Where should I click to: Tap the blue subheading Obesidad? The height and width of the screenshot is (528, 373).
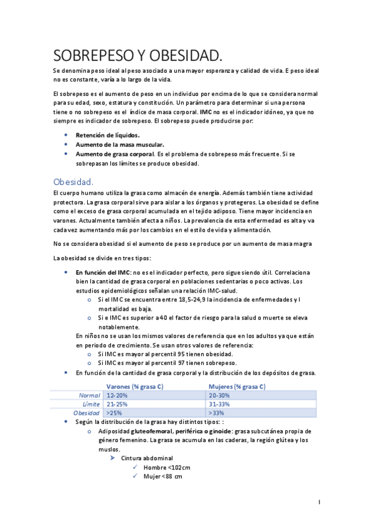coord(73,182)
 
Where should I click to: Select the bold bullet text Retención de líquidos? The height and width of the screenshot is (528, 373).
coord(108,134)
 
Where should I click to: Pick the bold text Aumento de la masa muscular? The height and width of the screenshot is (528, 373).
coord(116,144)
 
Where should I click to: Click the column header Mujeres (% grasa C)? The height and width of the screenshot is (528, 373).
coord(237,387)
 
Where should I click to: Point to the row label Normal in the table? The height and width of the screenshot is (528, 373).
coord(91,395)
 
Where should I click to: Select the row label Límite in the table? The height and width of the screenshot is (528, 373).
coord(92,404)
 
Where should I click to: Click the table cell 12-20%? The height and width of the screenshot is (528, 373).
coord(117,395)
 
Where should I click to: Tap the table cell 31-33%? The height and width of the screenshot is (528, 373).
coord(219,404)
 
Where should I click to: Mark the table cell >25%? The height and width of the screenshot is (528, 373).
coord(114,413)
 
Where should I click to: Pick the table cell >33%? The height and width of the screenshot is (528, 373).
coord(216,413)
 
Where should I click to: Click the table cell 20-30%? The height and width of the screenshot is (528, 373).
coord(219,395)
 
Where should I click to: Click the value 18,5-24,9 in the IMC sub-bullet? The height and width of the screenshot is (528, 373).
coord(172,299)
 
